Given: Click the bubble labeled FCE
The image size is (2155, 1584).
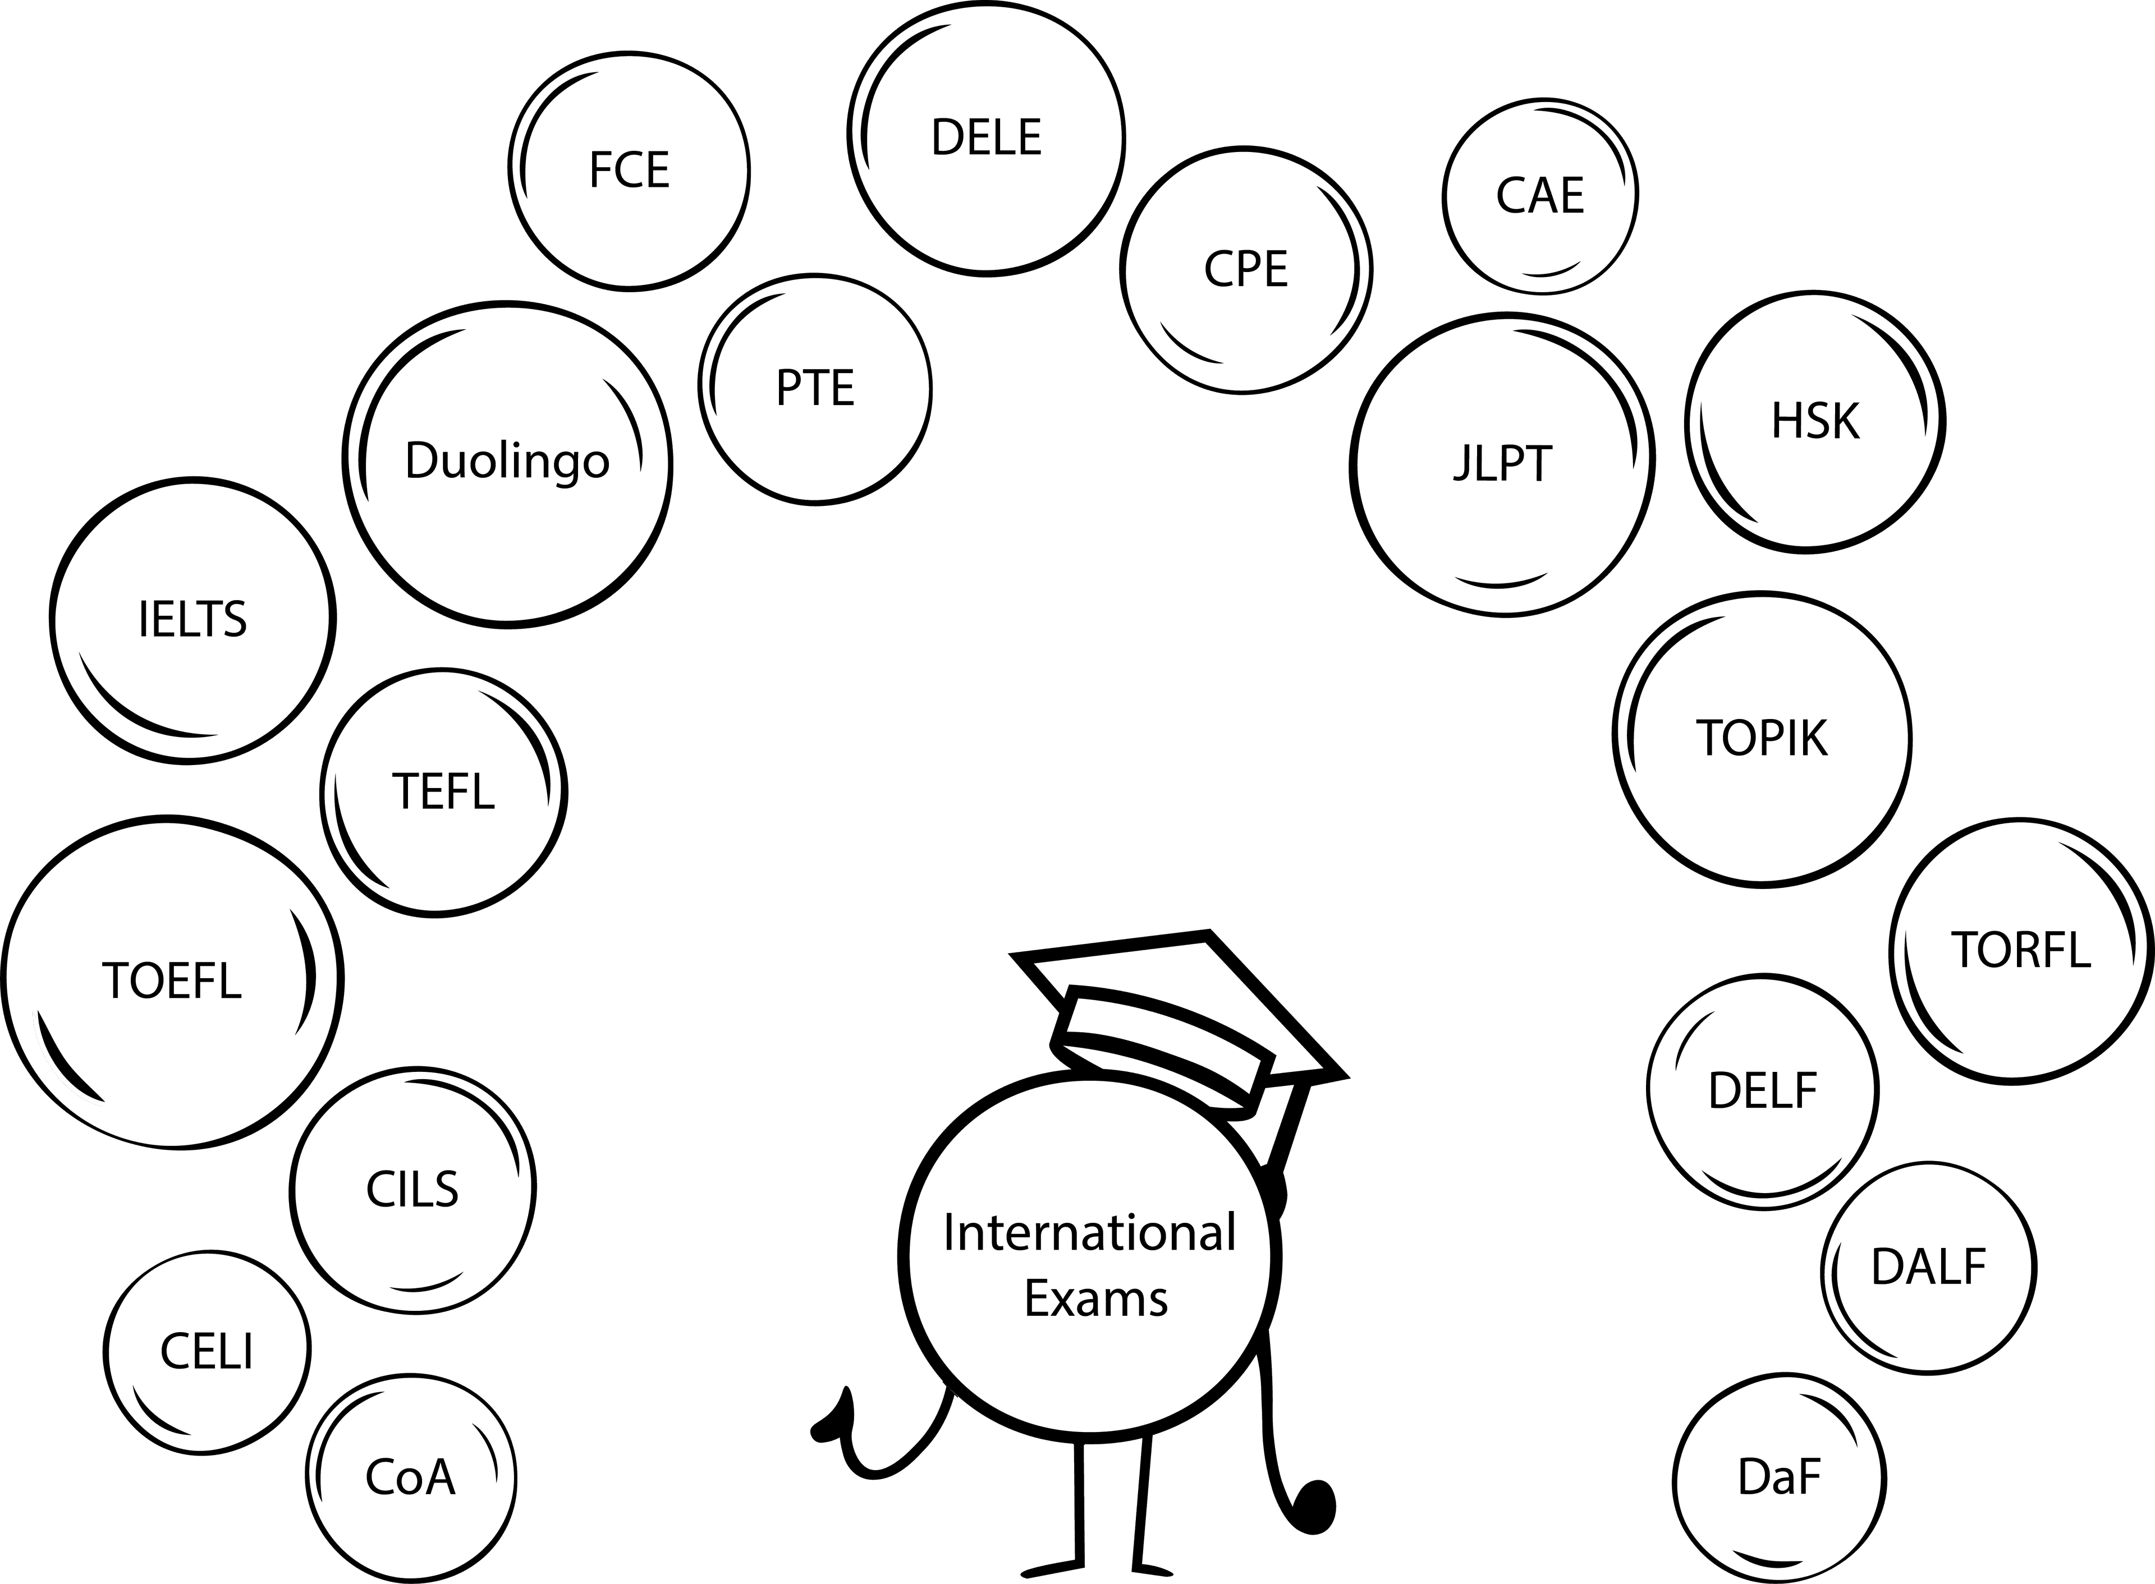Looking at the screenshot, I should point(629,171).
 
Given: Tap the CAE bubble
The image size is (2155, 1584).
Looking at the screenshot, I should point(1539,196).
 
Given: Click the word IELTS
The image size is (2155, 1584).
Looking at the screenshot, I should point(192,619).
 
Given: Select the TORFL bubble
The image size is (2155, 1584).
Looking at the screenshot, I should point(2020,950).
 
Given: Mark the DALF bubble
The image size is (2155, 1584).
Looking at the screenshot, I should point(1928,1268).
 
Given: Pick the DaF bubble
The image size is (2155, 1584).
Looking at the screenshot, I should point(1779,1477).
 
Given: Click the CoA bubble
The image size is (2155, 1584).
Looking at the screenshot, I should point(410,1477).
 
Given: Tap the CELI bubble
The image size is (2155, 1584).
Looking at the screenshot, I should point(207,1352).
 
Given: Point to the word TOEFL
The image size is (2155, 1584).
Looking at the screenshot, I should point(172,981).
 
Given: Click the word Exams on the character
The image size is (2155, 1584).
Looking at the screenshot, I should point(1096,1299).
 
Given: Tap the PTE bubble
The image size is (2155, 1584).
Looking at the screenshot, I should point(815,388).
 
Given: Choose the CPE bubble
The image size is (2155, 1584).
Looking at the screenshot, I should point(1246,269).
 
